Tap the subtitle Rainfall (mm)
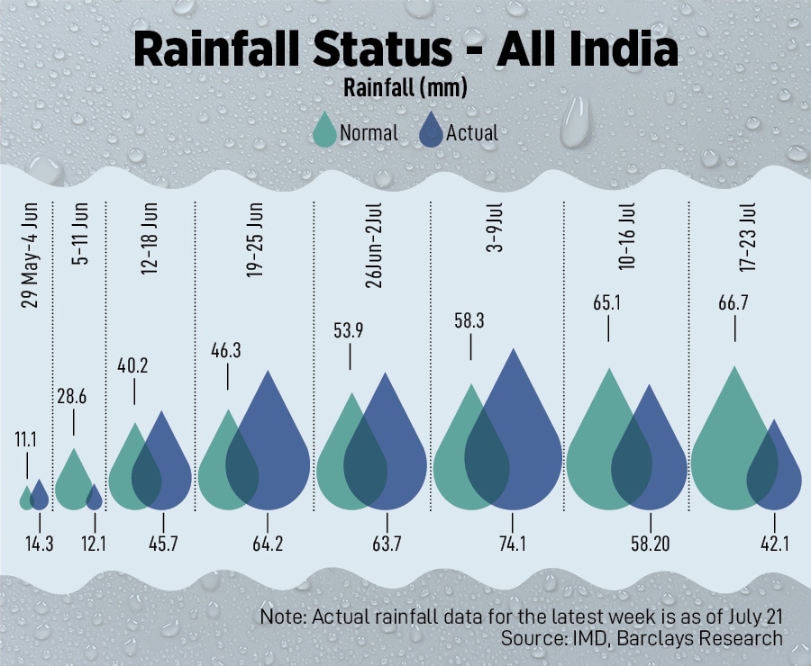click(405, 88)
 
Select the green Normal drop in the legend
click(323, 132)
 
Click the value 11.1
click(27, 439)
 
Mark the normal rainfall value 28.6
click(74, 396)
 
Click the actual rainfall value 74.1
click(512, 544)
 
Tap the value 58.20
click(650, 544)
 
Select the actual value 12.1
click(95, 544)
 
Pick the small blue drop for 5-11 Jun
click(94, 498)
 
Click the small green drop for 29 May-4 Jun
click(26, 499)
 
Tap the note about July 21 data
click(522, 617)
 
